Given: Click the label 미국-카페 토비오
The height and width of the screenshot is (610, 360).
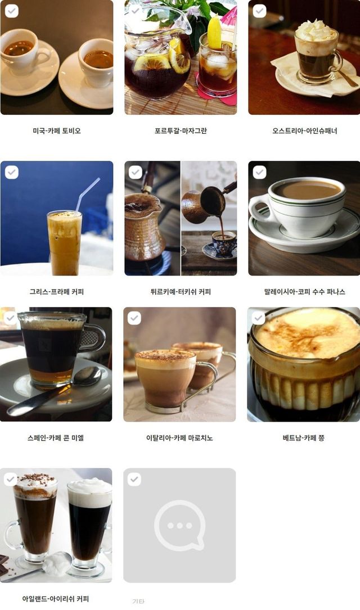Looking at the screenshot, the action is click(x=56, y=130).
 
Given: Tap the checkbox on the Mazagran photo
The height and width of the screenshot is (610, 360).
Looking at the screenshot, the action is click(x=135, y=11).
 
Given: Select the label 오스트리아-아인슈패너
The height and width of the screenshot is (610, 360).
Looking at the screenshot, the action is click(x=304, y=130).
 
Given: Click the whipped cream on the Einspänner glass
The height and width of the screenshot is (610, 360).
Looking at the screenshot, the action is click(x=316, y=31).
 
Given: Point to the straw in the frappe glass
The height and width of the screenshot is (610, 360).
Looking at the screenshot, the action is click(x=87, y=195).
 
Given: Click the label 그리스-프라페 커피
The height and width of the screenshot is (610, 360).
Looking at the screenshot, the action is click(x=56, y=291).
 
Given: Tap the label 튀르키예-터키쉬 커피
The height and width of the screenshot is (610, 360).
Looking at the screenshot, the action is click(x=180, y=291).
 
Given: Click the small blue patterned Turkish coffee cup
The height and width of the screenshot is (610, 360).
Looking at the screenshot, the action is click(x=224, y=242).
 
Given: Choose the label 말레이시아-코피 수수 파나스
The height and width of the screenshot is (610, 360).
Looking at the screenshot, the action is click(x=304, y=291).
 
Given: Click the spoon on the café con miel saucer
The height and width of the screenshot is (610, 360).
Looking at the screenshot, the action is click(x=54, y=391).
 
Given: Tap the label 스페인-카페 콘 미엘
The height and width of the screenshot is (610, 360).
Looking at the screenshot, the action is click(x=56, y=437).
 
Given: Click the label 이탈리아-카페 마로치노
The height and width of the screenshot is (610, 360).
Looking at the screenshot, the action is click(x=179, y=437).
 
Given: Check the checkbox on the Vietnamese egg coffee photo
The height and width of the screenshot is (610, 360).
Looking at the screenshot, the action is click(x=258, y=318).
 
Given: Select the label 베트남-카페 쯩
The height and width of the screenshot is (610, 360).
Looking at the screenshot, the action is click(x=304, y=437).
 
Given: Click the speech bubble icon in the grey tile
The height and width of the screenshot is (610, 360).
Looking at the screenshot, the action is click(x=180, y=525).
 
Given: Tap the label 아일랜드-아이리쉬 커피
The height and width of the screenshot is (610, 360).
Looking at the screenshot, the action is click(x=56, y=598).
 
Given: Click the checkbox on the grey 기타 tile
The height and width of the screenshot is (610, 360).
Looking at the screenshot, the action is click(x=134, y=479).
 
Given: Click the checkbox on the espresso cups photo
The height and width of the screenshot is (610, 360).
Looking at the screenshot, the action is click(x=11, y=11).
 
